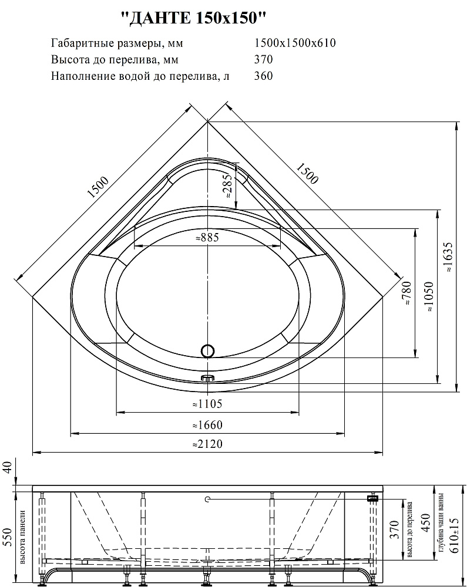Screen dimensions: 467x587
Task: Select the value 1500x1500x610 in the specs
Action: (295, 43)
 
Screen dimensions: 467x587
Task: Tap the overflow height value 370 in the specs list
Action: (263, 59)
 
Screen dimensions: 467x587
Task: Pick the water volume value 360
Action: (263, 76)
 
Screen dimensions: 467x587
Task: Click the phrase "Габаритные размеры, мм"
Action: (117, 43)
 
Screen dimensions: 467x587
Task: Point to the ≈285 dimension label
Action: (228, 187)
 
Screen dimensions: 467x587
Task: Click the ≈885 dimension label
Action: (207, 237)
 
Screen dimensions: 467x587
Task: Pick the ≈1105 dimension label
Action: (207, 404)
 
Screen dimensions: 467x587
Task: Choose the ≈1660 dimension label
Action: (207, 425)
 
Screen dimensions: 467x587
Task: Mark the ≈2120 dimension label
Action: (207, 444)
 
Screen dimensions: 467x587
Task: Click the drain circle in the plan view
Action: (208, 351)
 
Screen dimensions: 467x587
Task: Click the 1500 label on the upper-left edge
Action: (98, 187)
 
